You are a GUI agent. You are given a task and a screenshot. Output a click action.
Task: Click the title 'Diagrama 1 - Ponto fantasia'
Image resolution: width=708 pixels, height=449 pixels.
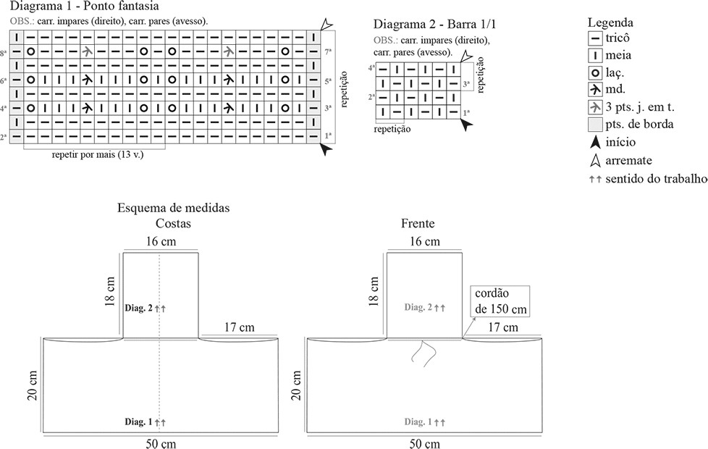click(84, 6)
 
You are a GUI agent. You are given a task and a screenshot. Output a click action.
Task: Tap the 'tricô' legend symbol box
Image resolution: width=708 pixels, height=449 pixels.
click(596, 38)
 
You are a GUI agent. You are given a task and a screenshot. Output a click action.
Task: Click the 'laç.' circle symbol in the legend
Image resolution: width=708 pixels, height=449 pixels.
click(596, 72)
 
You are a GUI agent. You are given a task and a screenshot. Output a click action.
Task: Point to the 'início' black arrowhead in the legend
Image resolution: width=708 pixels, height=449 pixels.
click(596, 142)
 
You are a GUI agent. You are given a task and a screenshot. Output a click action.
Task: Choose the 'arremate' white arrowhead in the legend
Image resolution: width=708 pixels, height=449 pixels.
click(596, 160)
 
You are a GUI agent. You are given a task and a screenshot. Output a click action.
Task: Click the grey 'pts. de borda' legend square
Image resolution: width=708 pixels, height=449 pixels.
click(596, 125)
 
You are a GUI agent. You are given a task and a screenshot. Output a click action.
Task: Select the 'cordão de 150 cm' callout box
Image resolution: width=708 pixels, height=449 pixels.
click(500, 301)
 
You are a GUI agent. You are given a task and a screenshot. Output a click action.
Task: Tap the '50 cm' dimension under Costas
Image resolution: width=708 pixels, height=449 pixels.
click(161, 444)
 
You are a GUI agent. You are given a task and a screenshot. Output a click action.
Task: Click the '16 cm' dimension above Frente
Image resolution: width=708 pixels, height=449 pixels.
click(424, 241)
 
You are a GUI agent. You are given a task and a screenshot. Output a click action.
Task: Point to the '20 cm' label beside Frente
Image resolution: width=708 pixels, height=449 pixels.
click(296, 385)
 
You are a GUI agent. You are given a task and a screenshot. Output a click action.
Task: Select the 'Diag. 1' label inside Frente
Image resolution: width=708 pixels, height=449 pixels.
click(418, 422)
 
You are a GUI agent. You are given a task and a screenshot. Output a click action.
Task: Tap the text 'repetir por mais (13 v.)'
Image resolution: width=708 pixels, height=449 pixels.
click(98, 155)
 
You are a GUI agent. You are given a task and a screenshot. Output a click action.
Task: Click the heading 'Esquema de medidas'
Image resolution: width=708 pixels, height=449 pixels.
click(174, 208)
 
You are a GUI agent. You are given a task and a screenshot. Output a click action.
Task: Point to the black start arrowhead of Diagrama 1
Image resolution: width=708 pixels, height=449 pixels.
click(326, 149)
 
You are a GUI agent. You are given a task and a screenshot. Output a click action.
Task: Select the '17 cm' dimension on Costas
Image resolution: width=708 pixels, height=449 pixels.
click(240, 327)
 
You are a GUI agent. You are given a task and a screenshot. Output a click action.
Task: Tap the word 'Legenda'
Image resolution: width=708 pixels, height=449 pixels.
click(610, 22)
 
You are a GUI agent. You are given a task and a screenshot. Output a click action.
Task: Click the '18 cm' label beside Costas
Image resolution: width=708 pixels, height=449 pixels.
click(110, 292)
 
